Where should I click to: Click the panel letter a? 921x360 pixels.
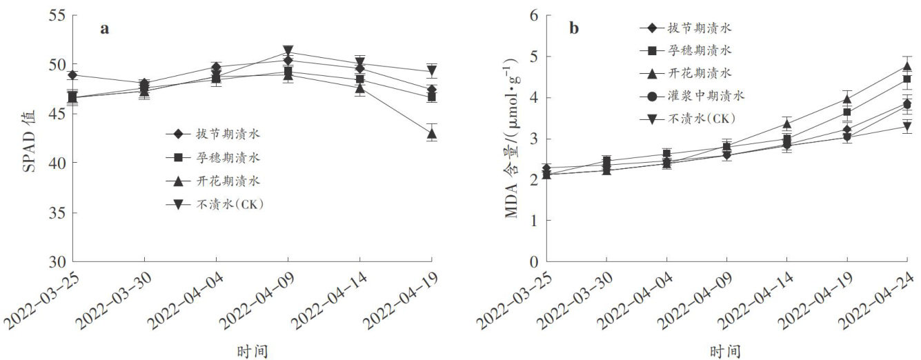(x=105, y=29)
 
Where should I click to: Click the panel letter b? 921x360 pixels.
(x=573, y=29)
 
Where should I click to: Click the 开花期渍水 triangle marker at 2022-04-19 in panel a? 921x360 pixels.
(x=431, y=134)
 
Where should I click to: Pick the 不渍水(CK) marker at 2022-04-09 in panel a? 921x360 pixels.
(x=288, y=52)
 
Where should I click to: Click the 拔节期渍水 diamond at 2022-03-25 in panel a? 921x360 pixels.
(x=72, y=74)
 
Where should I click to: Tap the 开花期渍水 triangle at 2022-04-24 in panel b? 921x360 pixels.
(x=907, y=66)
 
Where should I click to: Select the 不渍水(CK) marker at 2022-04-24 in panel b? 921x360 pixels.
(x=907, y=126)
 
